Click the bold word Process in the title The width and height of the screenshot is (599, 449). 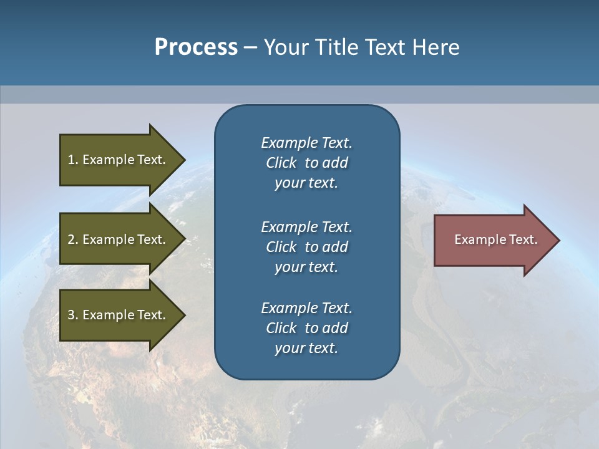[x=196, y=47]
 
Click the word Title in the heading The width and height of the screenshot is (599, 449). [x=334, y=47]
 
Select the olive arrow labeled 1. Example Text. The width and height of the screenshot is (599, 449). [x=119, y=160]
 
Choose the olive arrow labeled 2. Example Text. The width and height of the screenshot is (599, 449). [x=119, y=239]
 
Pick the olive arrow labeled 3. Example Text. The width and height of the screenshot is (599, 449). [x=119, y=315]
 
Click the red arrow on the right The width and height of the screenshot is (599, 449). [x=493, y=240]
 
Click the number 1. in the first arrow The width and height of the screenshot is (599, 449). [x=73, y=160]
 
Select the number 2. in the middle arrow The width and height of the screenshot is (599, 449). [x=73, y=239]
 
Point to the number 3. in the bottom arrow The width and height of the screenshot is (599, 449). [x=73, y=315]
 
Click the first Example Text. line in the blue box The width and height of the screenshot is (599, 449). [x=306, y=143]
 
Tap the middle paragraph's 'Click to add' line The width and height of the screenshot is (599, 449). [x=306, y=247]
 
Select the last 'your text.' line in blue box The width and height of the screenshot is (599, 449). [x=306, y=348]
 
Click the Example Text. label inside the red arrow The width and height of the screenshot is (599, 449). [x=495, y=239]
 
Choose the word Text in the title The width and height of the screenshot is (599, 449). [x=384, y=47]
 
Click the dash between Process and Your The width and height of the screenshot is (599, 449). [x=250, y=47]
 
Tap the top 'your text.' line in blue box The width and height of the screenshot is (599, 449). [x=306, y=183]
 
